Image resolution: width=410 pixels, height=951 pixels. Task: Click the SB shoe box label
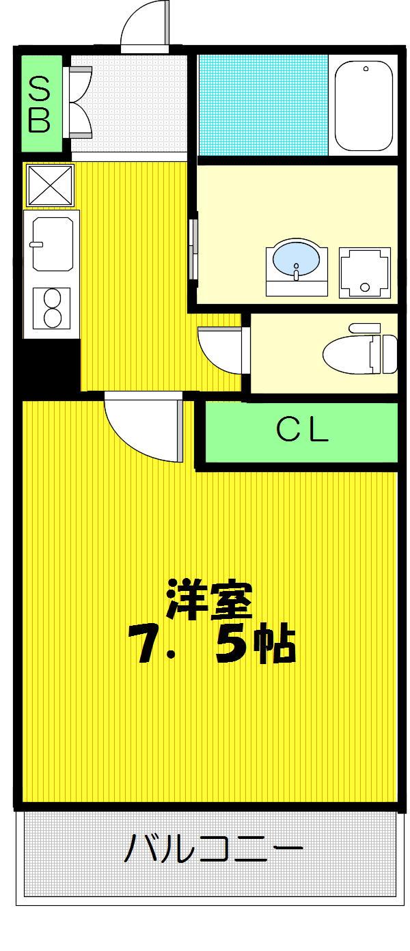40,104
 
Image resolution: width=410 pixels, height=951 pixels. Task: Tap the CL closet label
302,430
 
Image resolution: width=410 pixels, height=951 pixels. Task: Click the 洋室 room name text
210,599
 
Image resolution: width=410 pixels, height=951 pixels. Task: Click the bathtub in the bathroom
364,105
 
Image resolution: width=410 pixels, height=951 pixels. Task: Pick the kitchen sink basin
53,244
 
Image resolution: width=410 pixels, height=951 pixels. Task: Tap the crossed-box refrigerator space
50,185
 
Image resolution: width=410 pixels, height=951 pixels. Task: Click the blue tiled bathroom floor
263,105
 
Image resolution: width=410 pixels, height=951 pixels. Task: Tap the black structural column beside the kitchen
46,364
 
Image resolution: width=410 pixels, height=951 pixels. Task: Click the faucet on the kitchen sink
36,244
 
